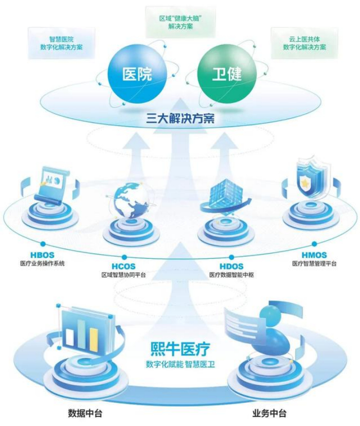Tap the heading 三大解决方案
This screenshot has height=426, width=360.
point(180,120)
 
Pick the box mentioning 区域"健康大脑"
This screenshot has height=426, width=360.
point(179,22)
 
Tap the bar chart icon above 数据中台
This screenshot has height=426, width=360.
point(82,330)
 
